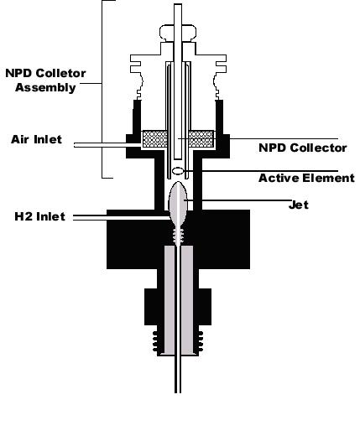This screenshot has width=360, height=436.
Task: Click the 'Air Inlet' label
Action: [x=36, y=139]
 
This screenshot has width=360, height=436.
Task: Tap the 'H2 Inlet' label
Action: [x=40, y=216]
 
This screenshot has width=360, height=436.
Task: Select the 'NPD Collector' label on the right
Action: [x=303, y=148]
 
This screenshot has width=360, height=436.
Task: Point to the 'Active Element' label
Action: [x=306, y=178]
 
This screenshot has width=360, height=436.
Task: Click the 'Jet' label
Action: [x=299, y=205]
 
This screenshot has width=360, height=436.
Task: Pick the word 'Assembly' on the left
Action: [x=45, y=87]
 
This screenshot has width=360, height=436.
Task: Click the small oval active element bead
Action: [x=178, y=171]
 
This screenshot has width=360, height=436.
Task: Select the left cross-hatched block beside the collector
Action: [x=154, y=139]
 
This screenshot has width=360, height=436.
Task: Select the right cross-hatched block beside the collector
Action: [x=201, y=139]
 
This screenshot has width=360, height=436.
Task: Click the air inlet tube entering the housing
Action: [x=107, y=145]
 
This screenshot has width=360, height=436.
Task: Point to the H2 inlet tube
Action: [x=122, y=217]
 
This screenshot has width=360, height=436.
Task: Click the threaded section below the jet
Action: [x=178, y=236]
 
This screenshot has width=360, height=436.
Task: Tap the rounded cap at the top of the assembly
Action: [x=178, y=33]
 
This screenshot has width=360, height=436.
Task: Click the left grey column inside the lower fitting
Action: [x=170, y=300]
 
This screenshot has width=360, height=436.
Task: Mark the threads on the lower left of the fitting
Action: [x=155, y=341]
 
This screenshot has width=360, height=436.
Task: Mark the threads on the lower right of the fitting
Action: [x=201, y=341]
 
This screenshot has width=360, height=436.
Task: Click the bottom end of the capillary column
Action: [x=178, y=392]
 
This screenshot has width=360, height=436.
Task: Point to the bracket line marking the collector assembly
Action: [x=102, y=89]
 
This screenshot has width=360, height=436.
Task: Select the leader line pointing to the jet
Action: [x=237, y=200]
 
